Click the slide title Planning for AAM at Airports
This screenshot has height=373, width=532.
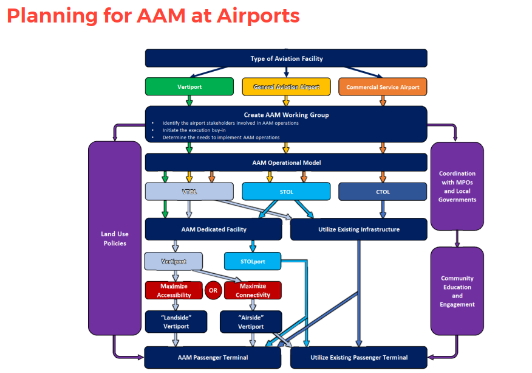153,15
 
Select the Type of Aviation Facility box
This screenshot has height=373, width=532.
286,58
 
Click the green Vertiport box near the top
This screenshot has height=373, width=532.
189,87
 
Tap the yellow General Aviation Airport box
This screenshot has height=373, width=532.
286,87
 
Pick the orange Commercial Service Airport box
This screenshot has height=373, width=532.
383,87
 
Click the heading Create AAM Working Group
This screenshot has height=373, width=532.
286,114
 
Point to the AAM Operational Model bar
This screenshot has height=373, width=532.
286,162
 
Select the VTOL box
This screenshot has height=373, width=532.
189,192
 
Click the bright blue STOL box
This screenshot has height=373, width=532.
286,192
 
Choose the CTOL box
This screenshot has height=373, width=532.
383,192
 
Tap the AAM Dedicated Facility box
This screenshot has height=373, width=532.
213,229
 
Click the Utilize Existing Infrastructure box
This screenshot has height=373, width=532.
359,229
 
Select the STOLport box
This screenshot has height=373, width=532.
253,262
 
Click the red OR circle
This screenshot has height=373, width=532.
213,290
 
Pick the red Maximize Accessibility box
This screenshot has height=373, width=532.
174,290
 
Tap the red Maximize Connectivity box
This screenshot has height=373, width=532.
253,290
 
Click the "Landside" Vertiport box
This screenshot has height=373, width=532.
176,322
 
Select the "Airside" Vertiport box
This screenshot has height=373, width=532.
250,322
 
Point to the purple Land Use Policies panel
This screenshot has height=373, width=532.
115,239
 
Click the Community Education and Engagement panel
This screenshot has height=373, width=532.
457,291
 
